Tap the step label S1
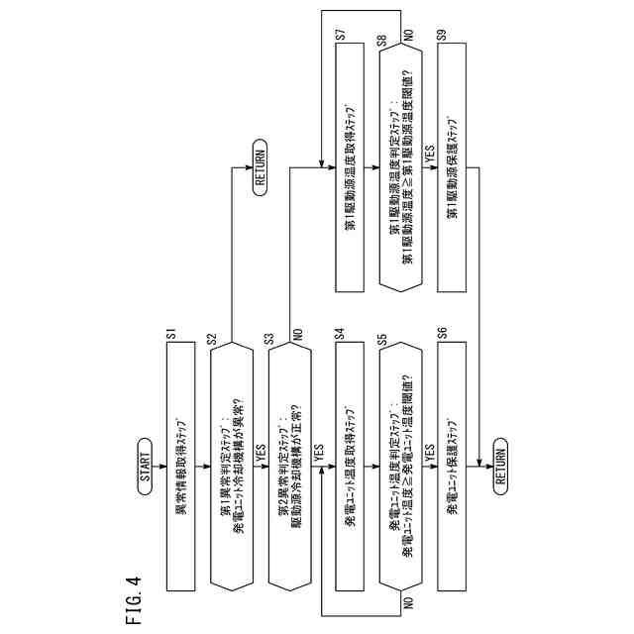click(171, 338)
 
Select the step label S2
click(212, 338)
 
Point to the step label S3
click(269, 338)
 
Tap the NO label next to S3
click(296, 338)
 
